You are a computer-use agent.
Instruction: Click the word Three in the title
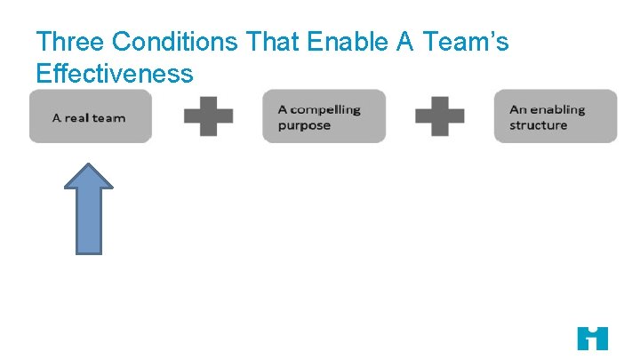[x=69, y=42]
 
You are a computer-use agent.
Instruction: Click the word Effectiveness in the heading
[x=115, y=73]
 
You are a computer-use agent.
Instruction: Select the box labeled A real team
[x=90, y=116]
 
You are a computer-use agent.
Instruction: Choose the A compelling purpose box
[x=324, y=116]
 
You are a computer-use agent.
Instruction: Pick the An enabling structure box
[x=556, y=116]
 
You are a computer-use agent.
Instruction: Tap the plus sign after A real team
[x=209, y=116]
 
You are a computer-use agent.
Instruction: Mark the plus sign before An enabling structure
[x=440, y=116]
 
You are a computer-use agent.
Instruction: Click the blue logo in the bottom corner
[x=592, y=339]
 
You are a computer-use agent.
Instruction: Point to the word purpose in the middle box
[x=304, y=125]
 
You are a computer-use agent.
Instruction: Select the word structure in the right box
[x=538, y=125]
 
